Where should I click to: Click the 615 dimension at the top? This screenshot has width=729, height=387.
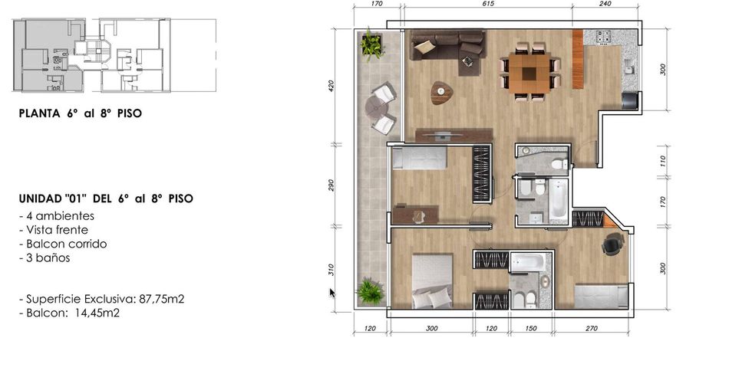pyautogui.click(x=488, y=4)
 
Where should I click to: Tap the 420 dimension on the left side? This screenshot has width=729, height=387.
pyautogui.click(x=331, y=85)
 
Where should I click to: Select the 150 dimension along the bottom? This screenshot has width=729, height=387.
pyautogui.click(x=531, y=329)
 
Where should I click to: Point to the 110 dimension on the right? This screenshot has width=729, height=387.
pyautogui.click(x=663, y=161)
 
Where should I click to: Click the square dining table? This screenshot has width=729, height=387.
pyautogui.click(x=529, y=73)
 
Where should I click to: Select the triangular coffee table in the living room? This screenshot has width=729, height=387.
pyautogui.click(x=441, y=92)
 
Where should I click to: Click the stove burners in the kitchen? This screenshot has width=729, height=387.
pyautogui.click(x=603, y=38)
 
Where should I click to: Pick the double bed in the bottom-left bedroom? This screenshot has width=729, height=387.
pyautogui.click(x=432, y=281)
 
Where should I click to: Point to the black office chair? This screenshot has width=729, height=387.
pyautogui.click(x=613, y=243)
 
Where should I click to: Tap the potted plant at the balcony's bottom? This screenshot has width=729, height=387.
pyautogui.click(x=371, y=292)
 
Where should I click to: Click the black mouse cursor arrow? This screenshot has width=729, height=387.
pyautogui.click(x=332, y=293)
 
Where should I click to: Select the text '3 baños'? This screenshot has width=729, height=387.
pyautogui.click(x=45, y=258)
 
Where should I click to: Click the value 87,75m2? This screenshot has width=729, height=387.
pyautogui.click(x=161, y=299)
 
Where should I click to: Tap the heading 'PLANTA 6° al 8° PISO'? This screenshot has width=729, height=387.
pyautogui.click(x=81, y=113)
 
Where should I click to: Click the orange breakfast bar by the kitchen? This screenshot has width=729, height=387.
pyautogui.click(x=577, y=59)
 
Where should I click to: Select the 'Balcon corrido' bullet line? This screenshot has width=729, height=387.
pyautogui.click(x=63, y=244)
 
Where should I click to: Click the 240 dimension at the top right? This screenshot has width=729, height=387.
pyautogui.click(x=605, y=4)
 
